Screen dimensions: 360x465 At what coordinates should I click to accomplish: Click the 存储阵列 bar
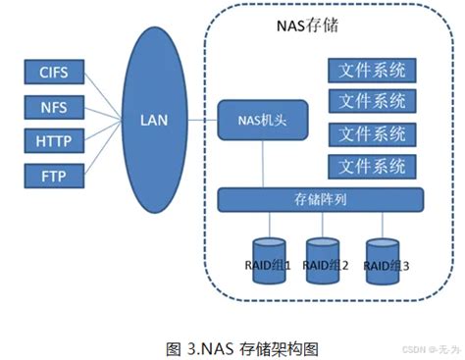pyautogui.click(x=320, y=199)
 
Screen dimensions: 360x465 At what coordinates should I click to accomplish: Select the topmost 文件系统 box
pyautogui.click(x=372, y=72)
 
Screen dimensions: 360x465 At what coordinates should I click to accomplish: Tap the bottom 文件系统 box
pyautogui.click(x=372, y=164)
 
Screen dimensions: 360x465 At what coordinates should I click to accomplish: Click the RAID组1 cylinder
pyautogui.click(x=267, y=259)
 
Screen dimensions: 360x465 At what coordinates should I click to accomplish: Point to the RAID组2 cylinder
pyautogui.click(x=326, y=259)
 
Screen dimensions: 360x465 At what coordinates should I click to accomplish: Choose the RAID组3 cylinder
pyautogui.click(x=384, y=259)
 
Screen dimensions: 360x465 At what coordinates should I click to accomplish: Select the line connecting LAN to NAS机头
pyautogui.click(x=202, y=121)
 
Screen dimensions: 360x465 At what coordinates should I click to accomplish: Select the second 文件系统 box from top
pyautogui.click(x=372, y=100)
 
